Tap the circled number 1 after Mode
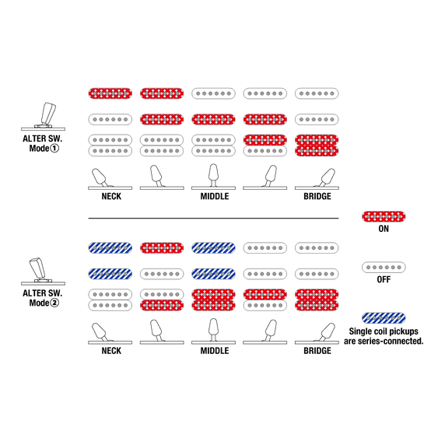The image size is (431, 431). point(54,149)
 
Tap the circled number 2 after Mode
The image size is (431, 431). point(54,303)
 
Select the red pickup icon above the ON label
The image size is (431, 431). point(384,216)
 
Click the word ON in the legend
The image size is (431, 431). point(384,229)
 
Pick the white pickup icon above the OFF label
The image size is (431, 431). point(384,267)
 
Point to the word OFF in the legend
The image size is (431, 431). point(384,279)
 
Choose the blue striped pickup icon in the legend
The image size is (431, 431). point(384,318)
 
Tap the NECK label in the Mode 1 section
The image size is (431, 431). point(111,196)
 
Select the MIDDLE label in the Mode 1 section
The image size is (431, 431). point(215,196)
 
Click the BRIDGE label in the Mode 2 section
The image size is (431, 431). point(317,351)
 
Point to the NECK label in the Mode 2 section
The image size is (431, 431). point(111,351)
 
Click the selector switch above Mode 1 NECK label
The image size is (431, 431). point(110,179)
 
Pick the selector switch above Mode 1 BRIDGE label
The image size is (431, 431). point(317,179)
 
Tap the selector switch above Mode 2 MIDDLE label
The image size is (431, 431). point(214,331)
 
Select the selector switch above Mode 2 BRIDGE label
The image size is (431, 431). point(317,334)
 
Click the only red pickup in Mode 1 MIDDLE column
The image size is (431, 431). point(214,120)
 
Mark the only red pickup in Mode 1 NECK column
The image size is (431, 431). point(110,93)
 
